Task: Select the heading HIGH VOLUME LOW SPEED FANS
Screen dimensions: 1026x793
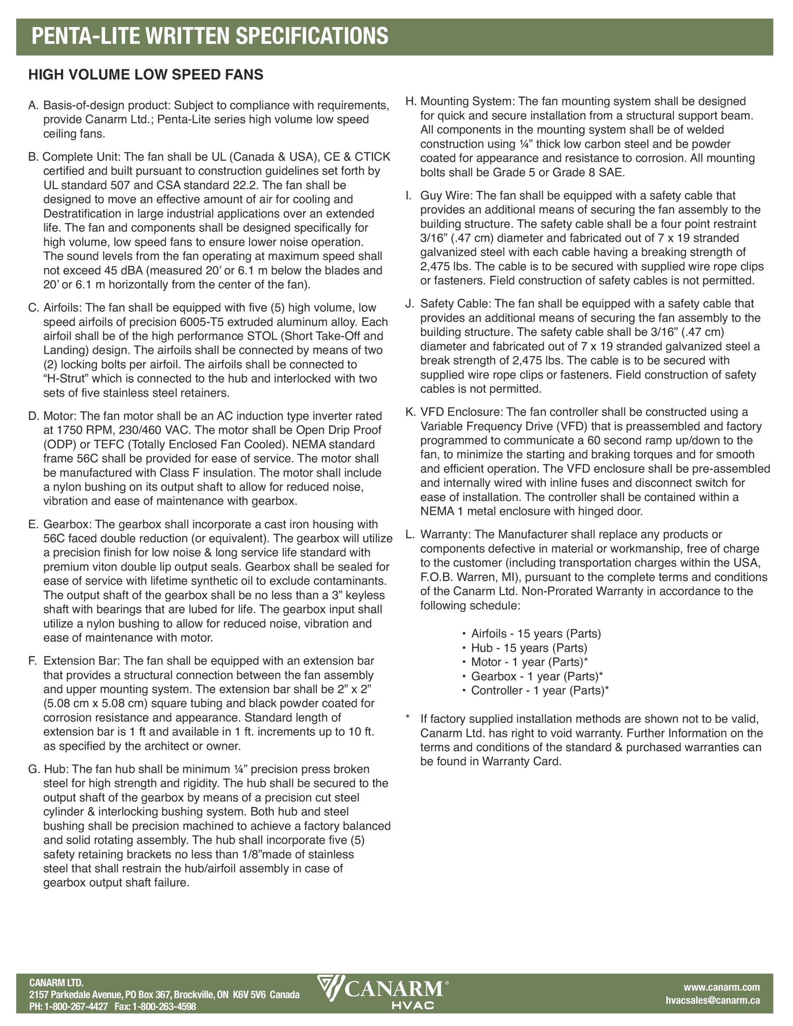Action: pyautogui.click(x=146, y=75)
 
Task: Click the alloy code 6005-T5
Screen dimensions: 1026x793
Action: pyautogui.click(x=203, y=322)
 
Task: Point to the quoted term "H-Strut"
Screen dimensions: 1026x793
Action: pyautogui.click(x=66, y=379)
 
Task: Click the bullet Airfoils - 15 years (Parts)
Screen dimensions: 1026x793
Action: pyautogui.click(x=536, y=634)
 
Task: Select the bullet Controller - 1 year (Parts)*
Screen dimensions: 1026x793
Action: pyautogui.click(x=540, y=690)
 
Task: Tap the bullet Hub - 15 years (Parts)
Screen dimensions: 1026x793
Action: pyautogui.click(x=529, y=648)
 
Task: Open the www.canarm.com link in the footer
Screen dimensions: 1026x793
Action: pyautogui.click(x=721, y=988)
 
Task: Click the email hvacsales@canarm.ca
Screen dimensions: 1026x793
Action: pyautogui.click(x=712, y=1000)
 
